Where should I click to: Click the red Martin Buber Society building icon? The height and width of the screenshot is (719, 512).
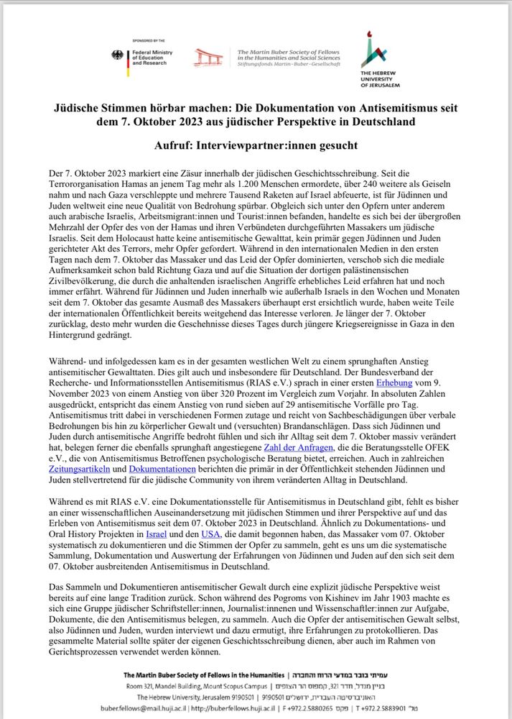[x=209, y=58]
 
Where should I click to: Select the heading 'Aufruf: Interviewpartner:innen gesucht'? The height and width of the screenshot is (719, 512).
[x=256, y=145]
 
